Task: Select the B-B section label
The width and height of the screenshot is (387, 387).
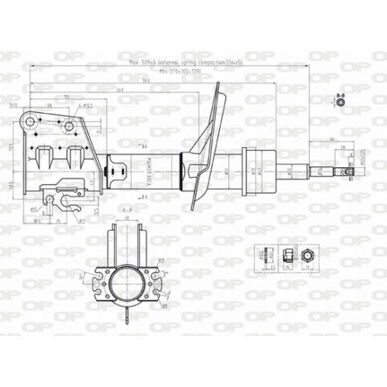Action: pyautogui.click(x=340, y=93)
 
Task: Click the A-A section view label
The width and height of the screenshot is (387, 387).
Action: pyautogui.click(x=128, y=210)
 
